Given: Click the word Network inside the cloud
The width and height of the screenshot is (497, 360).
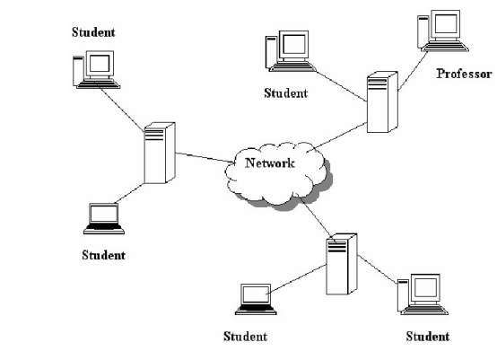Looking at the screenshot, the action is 270,162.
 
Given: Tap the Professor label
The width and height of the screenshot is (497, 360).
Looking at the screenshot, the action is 465,74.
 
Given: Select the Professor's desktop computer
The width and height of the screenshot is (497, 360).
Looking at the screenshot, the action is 443,31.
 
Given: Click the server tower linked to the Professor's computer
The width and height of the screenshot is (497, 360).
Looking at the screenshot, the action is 382,101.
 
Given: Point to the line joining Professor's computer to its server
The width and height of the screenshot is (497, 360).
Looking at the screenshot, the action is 413,71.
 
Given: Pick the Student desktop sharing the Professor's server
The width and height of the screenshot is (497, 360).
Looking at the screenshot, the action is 290,51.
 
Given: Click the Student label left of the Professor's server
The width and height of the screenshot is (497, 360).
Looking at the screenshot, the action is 285,93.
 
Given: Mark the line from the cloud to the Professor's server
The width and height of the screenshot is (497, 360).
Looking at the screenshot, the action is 338,136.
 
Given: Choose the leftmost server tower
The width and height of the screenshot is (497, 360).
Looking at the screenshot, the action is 160,153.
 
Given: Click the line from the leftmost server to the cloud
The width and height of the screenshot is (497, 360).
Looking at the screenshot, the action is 205,158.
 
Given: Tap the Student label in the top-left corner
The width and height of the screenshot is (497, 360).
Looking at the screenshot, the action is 93,32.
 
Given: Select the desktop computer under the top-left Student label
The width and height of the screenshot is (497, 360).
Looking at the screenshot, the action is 96,69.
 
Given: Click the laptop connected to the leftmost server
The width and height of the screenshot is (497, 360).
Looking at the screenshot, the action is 104,218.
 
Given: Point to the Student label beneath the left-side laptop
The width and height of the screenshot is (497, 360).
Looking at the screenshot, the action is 103,255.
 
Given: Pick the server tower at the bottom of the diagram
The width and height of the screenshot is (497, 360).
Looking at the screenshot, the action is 342,264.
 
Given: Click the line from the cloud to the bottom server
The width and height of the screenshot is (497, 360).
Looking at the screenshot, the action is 314,215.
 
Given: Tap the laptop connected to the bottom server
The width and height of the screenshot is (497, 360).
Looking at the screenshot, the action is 256,300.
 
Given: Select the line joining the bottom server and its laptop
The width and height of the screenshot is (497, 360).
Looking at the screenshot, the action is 297,280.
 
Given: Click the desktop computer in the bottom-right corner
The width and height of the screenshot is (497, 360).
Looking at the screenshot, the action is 423,294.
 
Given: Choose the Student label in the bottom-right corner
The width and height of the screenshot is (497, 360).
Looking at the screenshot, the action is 428,337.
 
